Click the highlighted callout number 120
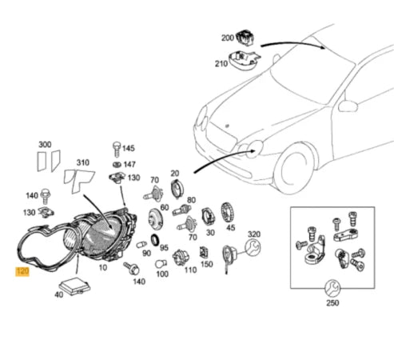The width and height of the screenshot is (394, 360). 22,272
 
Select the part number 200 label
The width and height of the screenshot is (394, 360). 228,38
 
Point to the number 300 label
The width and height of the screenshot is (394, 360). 46,144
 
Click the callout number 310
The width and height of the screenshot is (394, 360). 82,163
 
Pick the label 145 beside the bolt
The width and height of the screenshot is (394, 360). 129,148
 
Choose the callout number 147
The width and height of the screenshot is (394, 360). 129,163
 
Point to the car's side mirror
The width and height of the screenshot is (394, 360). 347,106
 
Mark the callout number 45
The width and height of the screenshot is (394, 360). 230,227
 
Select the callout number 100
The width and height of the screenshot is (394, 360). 161,274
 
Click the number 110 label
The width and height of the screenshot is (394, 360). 189,270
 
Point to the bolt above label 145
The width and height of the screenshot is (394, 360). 116,146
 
